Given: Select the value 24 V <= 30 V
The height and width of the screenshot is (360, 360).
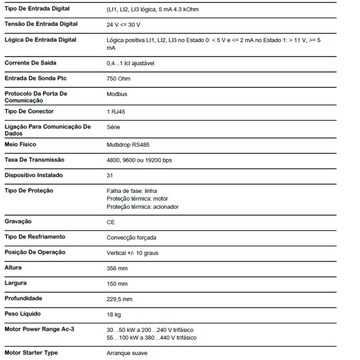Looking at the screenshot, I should click(x=123, y=25).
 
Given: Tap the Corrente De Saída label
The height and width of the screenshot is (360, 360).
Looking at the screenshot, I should click(x=31, y=63).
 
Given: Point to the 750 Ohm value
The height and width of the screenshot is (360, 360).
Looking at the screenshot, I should click(x=118, y=79).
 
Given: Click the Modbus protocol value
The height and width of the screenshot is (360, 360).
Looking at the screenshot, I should click(x=117, y=94).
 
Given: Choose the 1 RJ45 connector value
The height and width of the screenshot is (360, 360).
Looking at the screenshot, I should click(x=116, y=112).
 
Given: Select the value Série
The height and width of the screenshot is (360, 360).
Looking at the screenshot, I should click(x=113, y=127).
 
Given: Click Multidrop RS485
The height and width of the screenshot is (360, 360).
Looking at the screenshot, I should click(x=128, y=145).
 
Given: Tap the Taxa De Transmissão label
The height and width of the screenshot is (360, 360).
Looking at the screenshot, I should click(x=34, y=160).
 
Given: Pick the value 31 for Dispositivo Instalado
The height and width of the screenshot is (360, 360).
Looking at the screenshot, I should click(x=110, y=176).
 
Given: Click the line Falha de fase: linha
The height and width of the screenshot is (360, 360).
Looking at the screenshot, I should click(x=132, y=191).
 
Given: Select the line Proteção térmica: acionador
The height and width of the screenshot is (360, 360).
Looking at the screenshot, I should click(x=143, y=207).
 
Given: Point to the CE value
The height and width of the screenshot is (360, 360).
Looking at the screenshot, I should click(x=111, y=222).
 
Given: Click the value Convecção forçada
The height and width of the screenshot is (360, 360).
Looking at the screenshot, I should click(x=131, y=238).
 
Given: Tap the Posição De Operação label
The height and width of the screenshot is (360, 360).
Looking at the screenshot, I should click(x=35, y=252).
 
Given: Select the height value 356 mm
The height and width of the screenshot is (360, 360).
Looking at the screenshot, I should click(x=117, y=269).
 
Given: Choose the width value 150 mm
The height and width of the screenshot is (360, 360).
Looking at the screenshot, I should click(x=117, y=284).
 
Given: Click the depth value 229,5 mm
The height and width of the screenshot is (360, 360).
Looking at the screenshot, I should click(x=120, y=300).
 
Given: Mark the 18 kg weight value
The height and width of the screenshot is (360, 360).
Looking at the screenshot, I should click(x=114, y=315).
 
